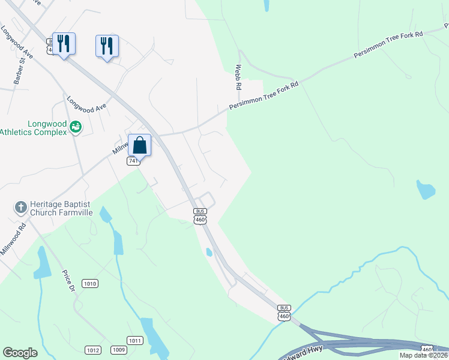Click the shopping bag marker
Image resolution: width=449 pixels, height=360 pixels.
(139, 145)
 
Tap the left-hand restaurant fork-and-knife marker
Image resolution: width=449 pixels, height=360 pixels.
(64, 43)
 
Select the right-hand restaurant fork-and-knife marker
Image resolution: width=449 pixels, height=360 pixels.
(107, 46)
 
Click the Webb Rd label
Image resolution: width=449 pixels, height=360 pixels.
(238, 77)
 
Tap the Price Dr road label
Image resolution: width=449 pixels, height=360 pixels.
(67, 281)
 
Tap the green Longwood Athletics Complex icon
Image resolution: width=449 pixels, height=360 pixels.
(76, 127)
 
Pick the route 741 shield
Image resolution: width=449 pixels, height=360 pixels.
(133, 161)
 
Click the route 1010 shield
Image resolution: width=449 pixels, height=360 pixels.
(90, 283)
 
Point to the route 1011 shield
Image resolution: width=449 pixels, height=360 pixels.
(134, 340)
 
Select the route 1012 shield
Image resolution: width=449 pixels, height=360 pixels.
(93, 350)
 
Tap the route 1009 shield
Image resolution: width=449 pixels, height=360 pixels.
(118, 350)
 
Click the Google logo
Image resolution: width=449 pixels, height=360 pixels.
(20, 353)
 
